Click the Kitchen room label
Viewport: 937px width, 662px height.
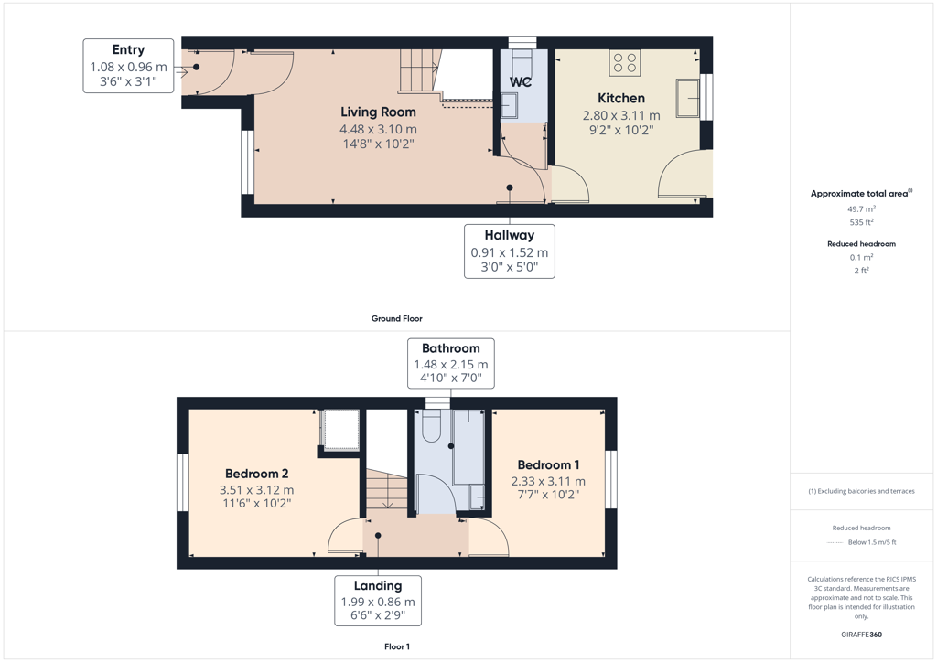pos(621,98)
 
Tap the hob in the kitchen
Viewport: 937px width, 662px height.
pos(625,63)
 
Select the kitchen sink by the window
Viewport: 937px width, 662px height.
pos(688,98)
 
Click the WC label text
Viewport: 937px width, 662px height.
pos(521,81)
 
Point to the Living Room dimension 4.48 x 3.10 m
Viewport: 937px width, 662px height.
pos(378,129)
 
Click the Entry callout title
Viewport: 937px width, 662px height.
pos(128,49)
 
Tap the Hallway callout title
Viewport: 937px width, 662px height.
pos(510,235)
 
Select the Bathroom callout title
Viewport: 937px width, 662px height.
pos(450,348)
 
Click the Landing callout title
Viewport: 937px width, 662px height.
pos(378,585)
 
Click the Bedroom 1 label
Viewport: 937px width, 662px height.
pos(549,464)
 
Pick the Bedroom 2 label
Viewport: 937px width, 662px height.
pos(257,474)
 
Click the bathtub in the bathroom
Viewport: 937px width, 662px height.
pos(468,447)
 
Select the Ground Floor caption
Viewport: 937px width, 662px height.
pos(397,319)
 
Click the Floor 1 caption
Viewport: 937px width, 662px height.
pos(397,646)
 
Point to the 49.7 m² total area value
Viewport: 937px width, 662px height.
pos(861,208)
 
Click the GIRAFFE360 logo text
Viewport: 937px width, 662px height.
pos(861,635)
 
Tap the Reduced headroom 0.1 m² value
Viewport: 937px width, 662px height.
pos(861,257)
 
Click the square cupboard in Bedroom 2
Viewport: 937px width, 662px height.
pos(341,429)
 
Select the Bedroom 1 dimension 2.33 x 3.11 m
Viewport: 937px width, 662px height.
pos(549,481)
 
